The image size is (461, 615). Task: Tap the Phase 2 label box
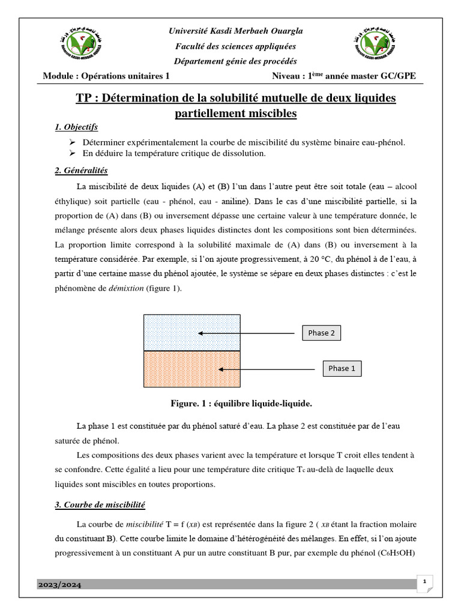[321, 333]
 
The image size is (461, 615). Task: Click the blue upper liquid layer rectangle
[191, 332]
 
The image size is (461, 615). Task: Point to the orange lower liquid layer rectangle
[191, 369]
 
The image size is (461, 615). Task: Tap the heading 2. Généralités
[81, 171]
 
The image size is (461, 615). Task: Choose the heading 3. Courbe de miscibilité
[100, 505]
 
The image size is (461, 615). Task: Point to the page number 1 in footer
[424, 581]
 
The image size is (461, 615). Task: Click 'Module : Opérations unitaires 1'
[107, 76]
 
